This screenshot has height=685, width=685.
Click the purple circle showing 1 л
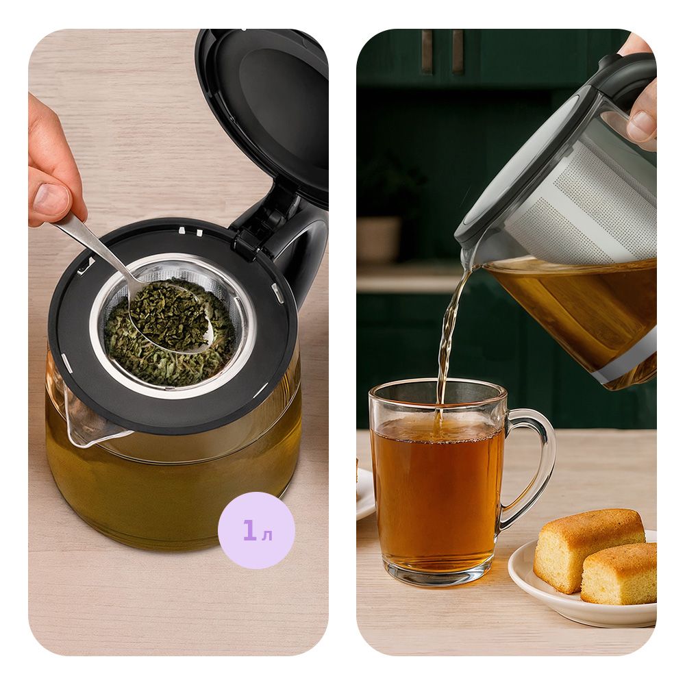[256, 530]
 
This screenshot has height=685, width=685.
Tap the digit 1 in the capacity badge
[249, 530]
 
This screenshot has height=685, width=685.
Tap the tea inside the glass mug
[437, 489]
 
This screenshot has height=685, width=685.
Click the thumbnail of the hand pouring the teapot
[643, 123]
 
